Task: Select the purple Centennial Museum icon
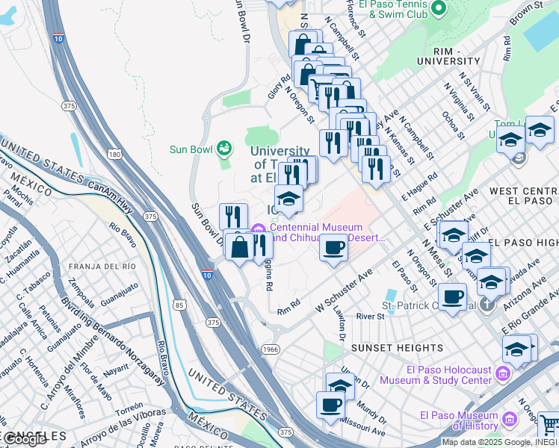click(x=259, y=228)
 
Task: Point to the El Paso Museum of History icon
click(x=510, y=419)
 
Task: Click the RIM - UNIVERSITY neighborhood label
click(x=448, y=60)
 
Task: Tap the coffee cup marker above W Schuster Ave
click(x=333, y=247)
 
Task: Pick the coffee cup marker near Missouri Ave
click(x=330, y=405)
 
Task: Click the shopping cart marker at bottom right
click(x=549, y=426)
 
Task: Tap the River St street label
click(x=370, y=317)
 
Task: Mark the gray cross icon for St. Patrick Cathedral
click(x=487, y=305)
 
